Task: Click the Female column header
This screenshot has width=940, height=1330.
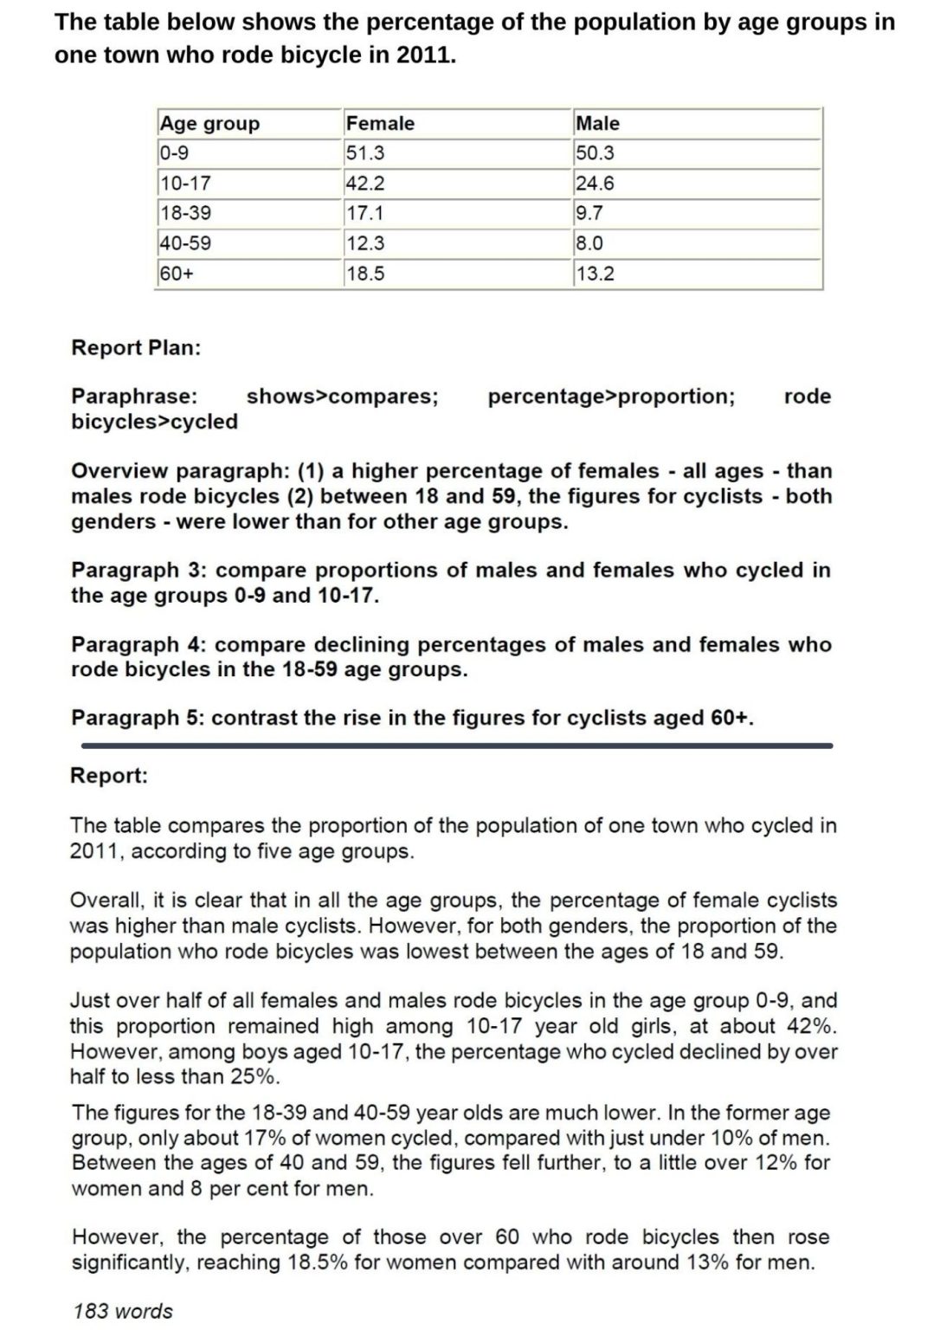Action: tap(380, 124)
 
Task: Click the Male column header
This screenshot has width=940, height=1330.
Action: tap(597, 124)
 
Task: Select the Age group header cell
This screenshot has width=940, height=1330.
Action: tap(209, 124)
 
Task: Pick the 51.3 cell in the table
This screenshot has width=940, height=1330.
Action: tap(365, 153)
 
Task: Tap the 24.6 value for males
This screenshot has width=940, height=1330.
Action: tap(595, 184)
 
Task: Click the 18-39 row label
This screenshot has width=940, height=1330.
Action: tap(185, 213)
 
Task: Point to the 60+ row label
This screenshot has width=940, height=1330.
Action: tap(177, 274)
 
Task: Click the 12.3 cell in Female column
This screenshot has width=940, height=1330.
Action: tap(365, 243)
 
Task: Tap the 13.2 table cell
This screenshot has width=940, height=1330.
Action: tap(595, 274)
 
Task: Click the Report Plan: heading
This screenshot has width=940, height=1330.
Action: tap(136, 348)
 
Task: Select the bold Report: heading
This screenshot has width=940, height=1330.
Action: tap(109, 776)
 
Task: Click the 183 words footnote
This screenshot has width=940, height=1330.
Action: tap(123, 1311)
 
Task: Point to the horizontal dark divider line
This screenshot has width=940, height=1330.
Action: tap(456, 745)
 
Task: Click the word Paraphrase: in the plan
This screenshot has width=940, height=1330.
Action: tap(134, 397)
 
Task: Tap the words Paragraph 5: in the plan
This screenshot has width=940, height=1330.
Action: tap(138, 718)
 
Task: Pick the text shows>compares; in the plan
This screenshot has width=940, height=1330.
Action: tap(342, 397)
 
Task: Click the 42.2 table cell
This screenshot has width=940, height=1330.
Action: tap(365, 184)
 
